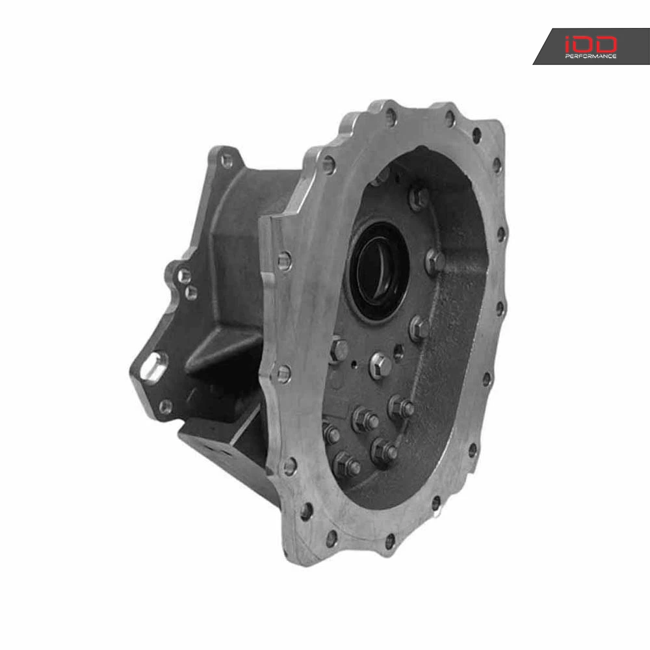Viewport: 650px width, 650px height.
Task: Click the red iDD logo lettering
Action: pos(590,44)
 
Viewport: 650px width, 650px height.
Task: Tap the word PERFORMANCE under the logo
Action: pos(590,57)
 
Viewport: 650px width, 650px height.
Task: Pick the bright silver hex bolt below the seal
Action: pos(379,365)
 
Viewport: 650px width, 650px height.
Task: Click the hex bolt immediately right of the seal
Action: pos(435,261)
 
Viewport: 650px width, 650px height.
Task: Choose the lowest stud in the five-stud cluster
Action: pos(346,464)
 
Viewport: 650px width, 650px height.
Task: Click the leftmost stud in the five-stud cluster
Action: pos(330,434)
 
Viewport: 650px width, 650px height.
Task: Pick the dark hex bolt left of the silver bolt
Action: pos(339,350)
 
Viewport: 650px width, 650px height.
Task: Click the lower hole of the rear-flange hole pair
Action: pos(191,293)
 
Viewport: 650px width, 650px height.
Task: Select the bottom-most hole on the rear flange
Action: pos(166,408)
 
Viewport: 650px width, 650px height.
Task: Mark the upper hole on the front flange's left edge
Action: pos(284,261)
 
